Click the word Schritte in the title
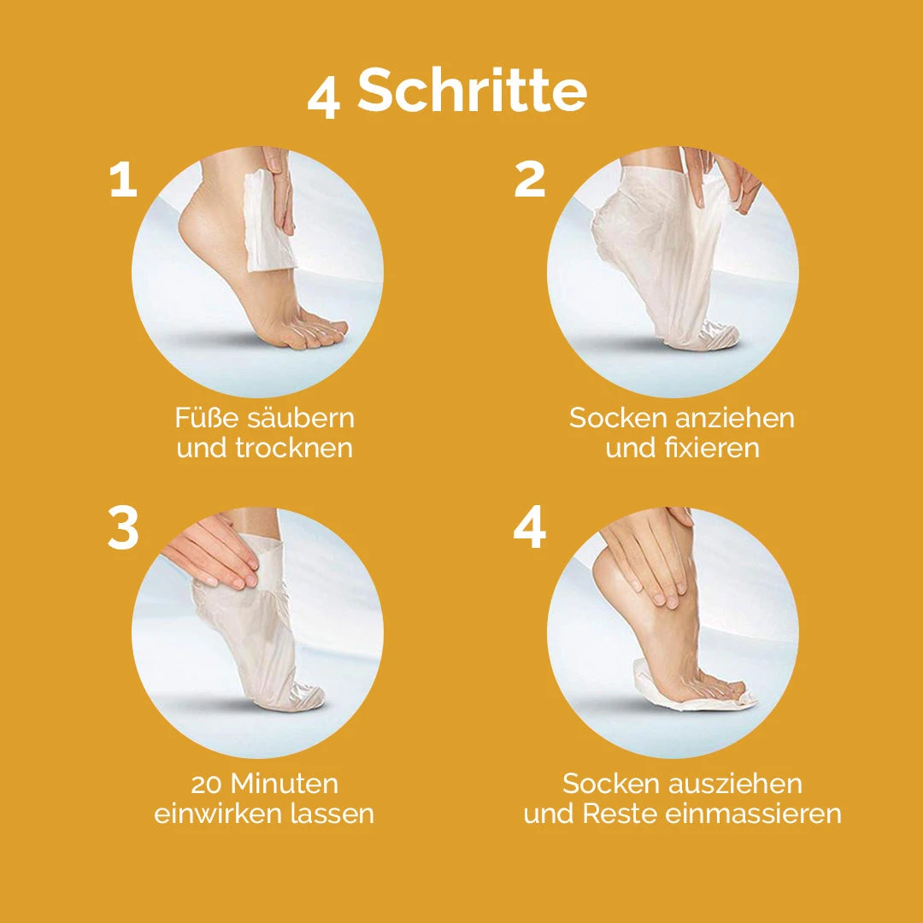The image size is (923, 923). tap(473, 91)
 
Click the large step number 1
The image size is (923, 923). tap(123, 180)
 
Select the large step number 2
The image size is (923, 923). tap(530, 180)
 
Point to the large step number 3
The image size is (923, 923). tap(124, 531)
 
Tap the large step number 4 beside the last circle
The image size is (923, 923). tap(530, 531)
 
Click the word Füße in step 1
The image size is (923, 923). tap(206, 418)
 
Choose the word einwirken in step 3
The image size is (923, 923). tap(215, 814)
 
